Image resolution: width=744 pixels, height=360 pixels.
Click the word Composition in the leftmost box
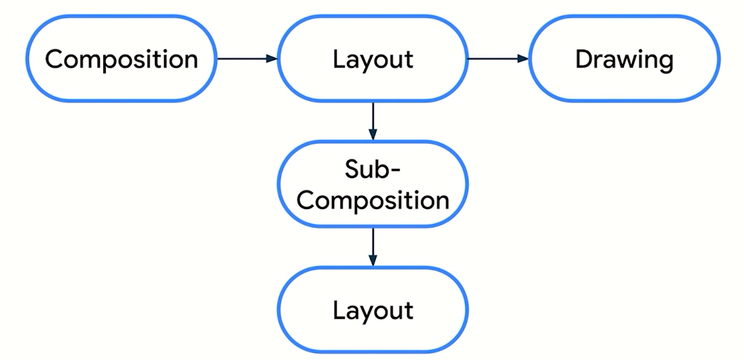coord(121,59)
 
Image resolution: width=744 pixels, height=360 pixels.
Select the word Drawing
coord(624,59)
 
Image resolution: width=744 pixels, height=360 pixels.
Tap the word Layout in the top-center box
coord(372,59)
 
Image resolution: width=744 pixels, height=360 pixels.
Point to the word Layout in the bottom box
coord(372,310)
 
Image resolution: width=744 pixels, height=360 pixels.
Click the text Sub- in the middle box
coord(372,169)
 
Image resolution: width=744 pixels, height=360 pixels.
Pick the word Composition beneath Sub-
coord(372,200)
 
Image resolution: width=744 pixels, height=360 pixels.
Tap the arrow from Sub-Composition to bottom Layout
coord(372,246)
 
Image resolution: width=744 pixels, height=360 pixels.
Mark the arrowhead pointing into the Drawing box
coord(523,59)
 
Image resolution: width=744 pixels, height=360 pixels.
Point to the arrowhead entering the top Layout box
coord(271,59)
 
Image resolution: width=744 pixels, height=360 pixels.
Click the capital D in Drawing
coord(583,59)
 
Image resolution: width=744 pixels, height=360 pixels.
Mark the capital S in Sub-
coord(353,169)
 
